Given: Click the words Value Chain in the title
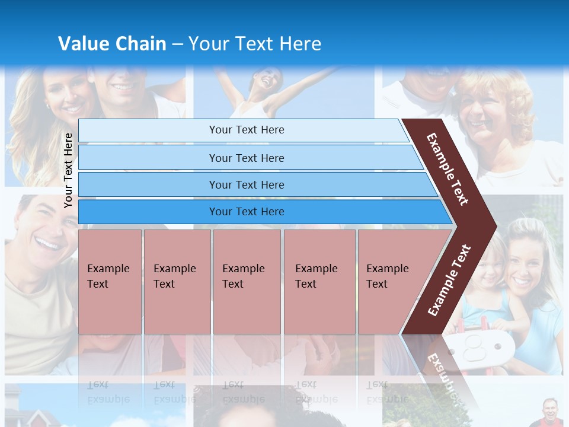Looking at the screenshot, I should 112,44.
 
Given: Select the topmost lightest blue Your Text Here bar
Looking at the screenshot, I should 246,130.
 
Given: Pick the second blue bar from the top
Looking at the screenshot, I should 246,158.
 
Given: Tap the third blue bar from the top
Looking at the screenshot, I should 246,184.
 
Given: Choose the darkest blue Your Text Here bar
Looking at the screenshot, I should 246,212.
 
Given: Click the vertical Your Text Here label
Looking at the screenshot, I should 69,170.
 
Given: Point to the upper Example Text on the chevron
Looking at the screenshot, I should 447,168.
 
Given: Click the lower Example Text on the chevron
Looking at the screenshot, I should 449,280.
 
